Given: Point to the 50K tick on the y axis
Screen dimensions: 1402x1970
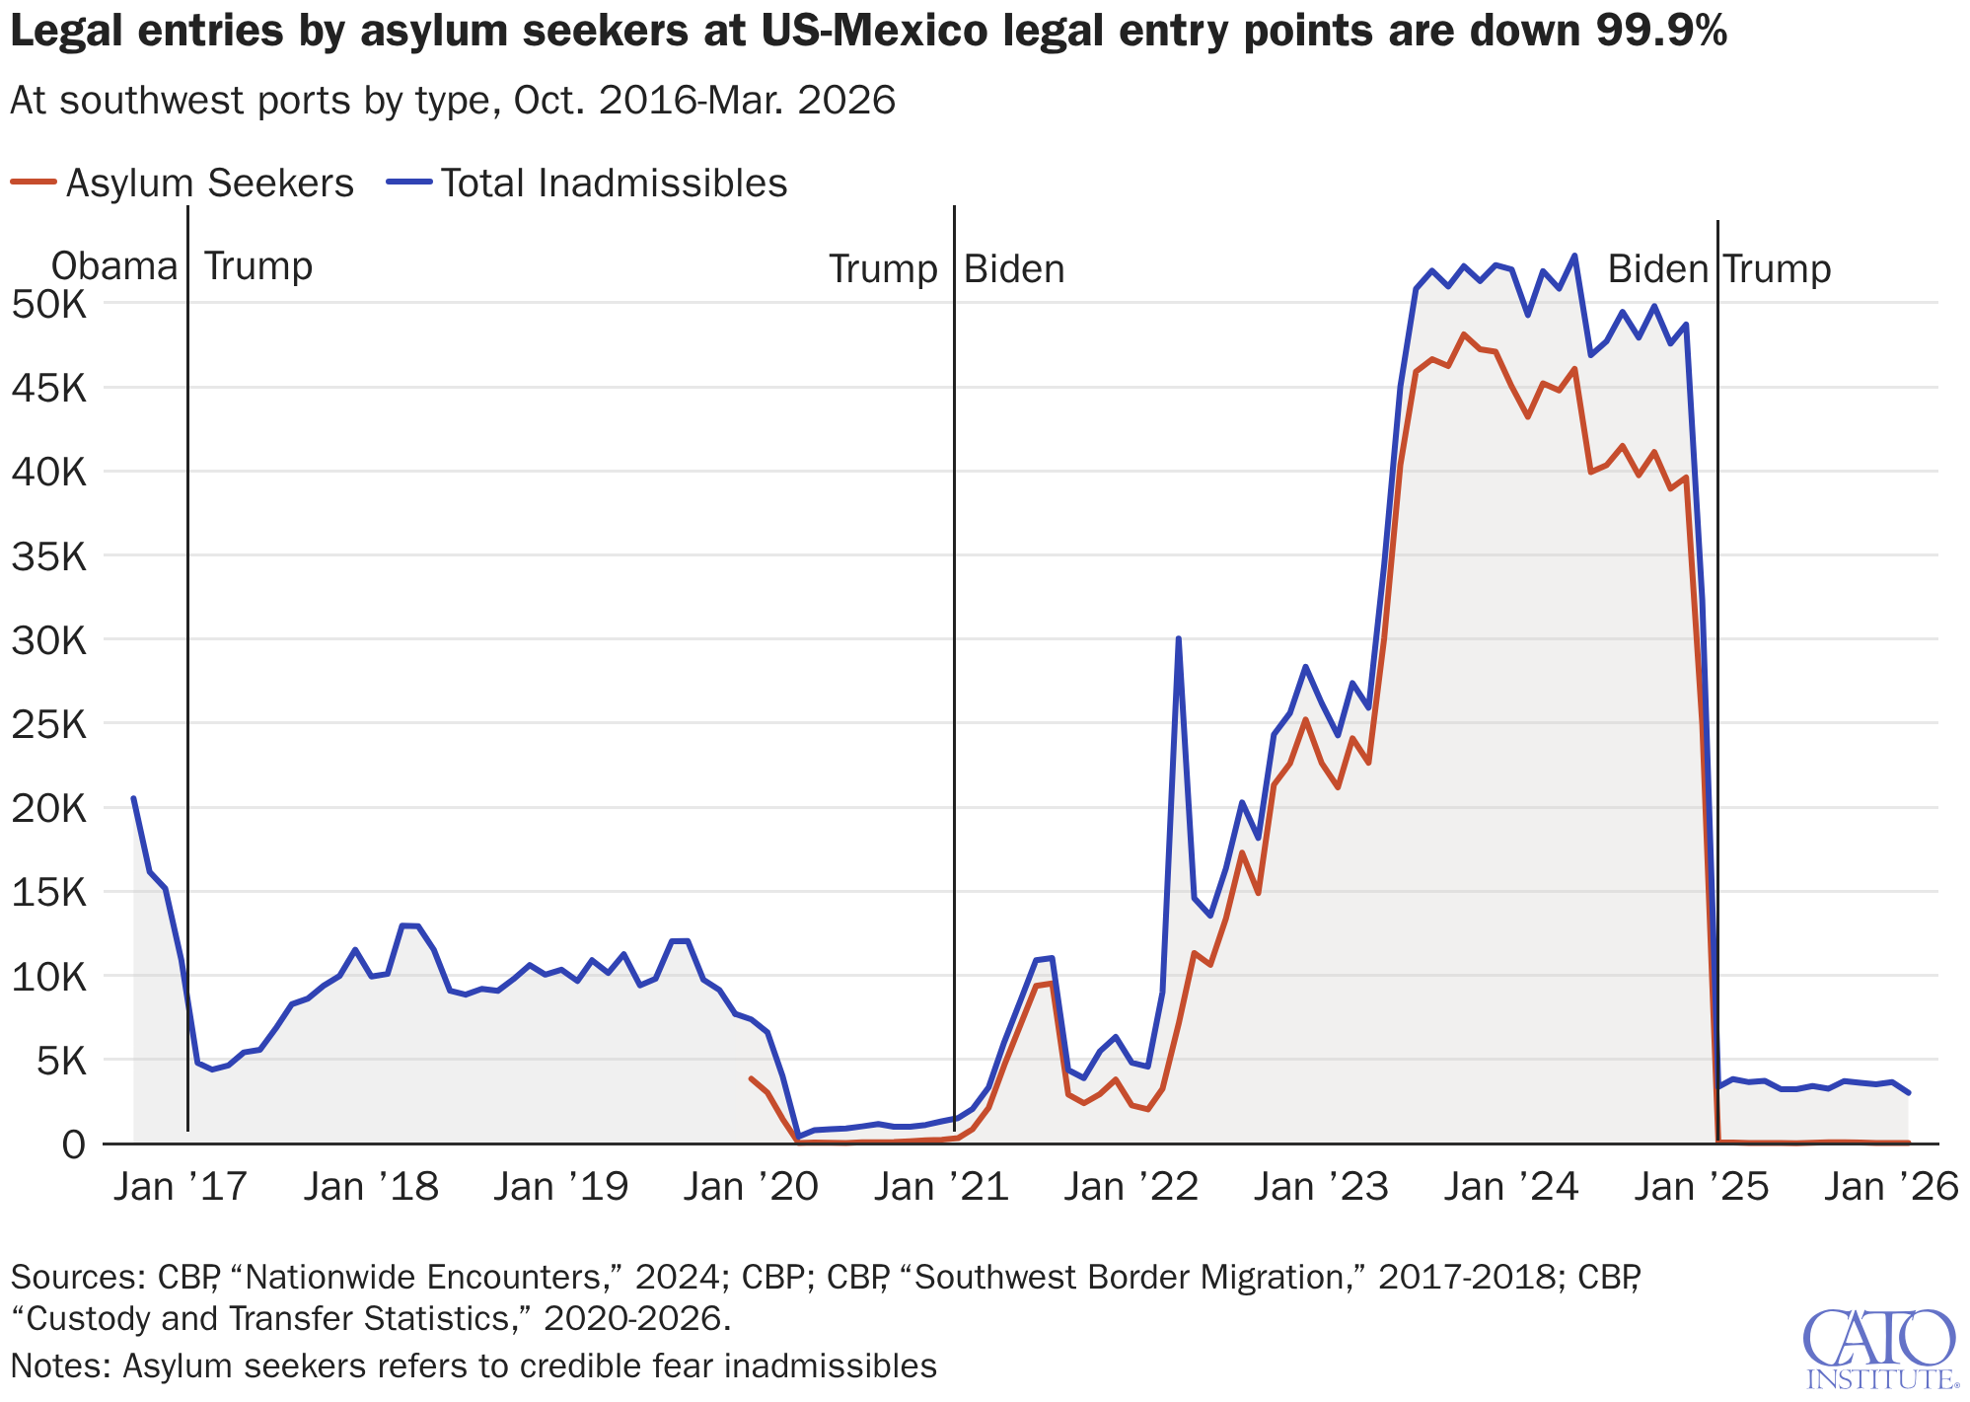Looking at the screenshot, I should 49,304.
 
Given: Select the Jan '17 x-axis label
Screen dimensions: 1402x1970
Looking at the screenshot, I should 181,1186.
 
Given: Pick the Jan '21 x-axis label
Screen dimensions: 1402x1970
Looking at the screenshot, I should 942,1186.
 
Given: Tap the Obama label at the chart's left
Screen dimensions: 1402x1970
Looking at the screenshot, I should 113,266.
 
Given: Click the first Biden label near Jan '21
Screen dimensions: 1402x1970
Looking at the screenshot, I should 1014,269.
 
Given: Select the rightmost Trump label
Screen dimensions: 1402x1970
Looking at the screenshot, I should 1777,269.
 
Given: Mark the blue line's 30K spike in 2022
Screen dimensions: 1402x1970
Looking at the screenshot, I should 1178,639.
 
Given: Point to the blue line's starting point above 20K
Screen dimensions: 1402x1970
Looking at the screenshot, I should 133,798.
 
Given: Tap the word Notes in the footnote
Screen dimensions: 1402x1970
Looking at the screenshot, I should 59,1365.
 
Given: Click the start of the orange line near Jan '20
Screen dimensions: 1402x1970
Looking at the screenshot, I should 751,1078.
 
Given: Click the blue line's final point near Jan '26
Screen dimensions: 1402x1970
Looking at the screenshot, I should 1909,1092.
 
